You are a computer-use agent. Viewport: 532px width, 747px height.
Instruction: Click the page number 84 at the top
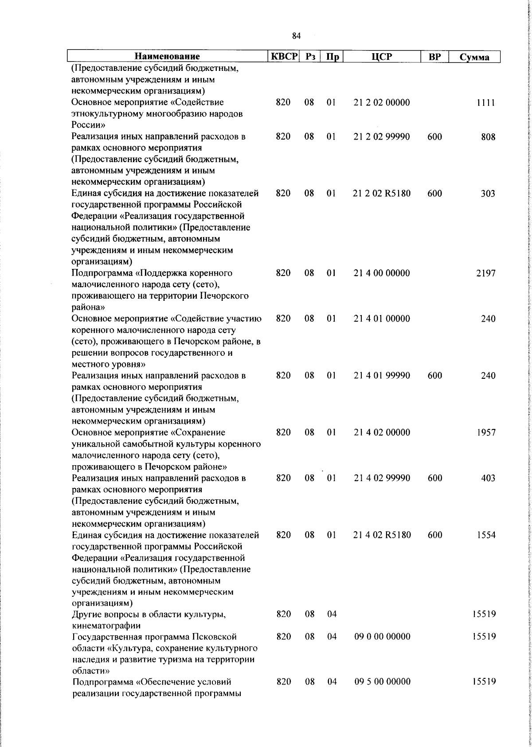[297, 36]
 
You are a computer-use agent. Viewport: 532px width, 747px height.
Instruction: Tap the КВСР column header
[283, 57]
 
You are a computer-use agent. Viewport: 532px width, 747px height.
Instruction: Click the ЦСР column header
[382, 57]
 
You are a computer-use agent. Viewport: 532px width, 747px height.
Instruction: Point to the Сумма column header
[474, 57]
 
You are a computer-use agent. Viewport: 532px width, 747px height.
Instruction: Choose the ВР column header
[434, 57]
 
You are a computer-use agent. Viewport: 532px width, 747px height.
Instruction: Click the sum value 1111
[487, 103]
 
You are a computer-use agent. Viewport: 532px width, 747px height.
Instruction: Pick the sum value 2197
[486, 273]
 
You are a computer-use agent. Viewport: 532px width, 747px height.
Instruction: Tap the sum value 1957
[486, 432]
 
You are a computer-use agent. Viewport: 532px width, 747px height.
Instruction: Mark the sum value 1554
[486, 535]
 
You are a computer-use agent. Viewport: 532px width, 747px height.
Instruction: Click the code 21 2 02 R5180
[382, 194]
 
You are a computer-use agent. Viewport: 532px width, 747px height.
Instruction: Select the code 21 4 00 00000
[382, 273]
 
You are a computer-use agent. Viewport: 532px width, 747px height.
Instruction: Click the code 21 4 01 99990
[382, 376]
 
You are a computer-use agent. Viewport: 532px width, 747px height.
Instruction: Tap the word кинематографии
[106, 626]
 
